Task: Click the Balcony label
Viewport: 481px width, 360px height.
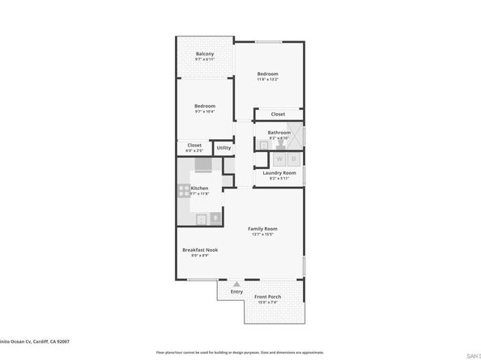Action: (206, 54)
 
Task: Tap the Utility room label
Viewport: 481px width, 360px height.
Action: (224, 148)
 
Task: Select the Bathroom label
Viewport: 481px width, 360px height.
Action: (279, 132)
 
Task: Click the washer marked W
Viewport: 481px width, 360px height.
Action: (280, 159)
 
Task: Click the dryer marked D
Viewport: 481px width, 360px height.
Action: (294, 159)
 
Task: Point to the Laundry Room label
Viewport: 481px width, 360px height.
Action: (279, 172)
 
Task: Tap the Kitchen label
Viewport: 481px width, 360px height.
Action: (199, 188)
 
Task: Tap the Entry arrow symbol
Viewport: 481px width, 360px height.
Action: (236, 284)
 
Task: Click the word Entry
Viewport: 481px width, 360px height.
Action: (236, 292)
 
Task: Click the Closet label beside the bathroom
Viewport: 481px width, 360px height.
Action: (278, 114)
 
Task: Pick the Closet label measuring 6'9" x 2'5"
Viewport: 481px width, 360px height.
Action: (194, 146)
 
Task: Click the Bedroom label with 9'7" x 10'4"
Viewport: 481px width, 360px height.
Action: (205, 106)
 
